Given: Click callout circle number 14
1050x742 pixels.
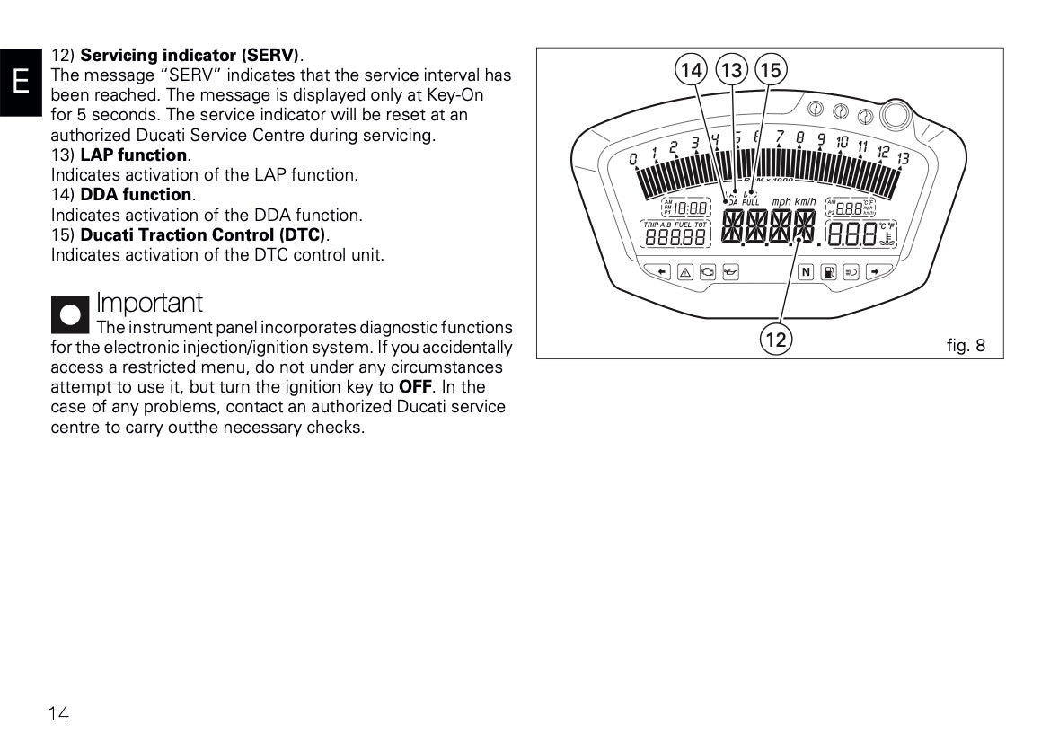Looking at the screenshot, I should [x=691, y=69].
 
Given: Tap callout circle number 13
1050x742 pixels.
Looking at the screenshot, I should [x=731, y=69].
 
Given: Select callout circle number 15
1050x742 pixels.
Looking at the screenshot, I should [x=771, y=69].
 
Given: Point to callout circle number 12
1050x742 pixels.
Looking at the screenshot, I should [x=776, y=340].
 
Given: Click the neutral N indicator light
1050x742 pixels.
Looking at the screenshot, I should [x=805, y=272].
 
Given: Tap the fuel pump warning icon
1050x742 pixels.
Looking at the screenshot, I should [x=828, y=272].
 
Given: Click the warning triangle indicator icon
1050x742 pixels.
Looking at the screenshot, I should [x=684, y=272].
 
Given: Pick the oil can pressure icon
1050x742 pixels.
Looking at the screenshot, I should [x=730, y=272].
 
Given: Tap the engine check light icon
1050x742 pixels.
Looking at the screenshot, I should [x=708, y=272].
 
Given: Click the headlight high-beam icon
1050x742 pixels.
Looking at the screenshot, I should [x=852, y=272].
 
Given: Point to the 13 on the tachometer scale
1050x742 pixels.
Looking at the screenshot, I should [x=903, y=158].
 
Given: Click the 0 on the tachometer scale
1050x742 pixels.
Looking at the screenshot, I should [x=633, y=160].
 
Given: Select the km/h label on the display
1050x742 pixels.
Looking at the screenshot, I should [x=805, y=202].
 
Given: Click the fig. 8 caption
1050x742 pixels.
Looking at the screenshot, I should [x=966, y=345].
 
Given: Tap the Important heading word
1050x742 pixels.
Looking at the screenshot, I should [x=149, y=303].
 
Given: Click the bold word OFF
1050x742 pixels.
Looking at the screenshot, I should [x=415, y=387].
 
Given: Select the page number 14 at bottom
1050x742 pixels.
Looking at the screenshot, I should [x=58, y=714].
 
